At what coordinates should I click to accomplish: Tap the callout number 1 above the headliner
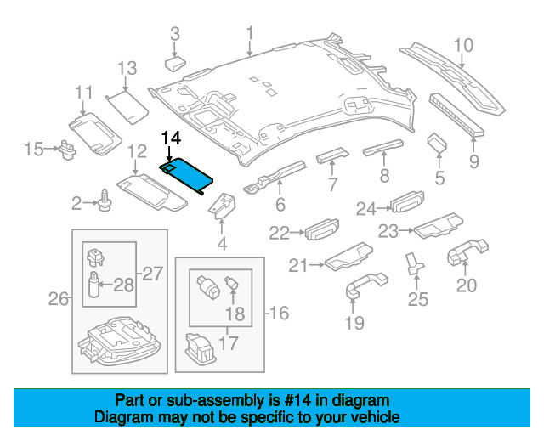tap(250, 33)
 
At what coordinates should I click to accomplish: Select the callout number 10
tap(463, 45)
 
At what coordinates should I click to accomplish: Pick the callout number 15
tap(33, 150)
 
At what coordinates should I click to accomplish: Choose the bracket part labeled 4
tap(223, 206)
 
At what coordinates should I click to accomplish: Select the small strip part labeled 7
tap(330, 155)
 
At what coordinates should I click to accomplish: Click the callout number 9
tap(473, 161)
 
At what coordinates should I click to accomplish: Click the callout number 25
tap(417, 298)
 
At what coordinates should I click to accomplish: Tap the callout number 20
tap(467, 285)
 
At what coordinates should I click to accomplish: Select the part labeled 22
tap(318, 230)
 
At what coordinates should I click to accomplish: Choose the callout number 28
tap(124, 284)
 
